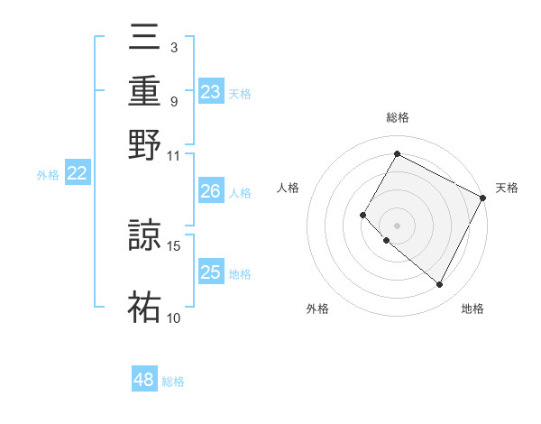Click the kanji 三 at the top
click(145, 38)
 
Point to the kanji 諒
click(145, 235)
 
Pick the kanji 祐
click(145, 307)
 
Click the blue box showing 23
click(211, 92)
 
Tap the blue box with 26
click(211, 191)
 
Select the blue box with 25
click(211, 272)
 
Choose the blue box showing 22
click(78, 174)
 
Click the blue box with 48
click(144, 380)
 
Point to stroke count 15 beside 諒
click(174, 245)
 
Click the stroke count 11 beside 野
click(174, 155)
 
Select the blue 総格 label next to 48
click(173, 382)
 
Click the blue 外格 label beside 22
click(48, 175)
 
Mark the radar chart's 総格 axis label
click(398, 117)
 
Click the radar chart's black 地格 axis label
click(472, 309)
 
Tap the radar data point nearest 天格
click(483, 198)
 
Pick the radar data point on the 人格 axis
click(363, 215)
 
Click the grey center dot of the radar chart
click(398, 225)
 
